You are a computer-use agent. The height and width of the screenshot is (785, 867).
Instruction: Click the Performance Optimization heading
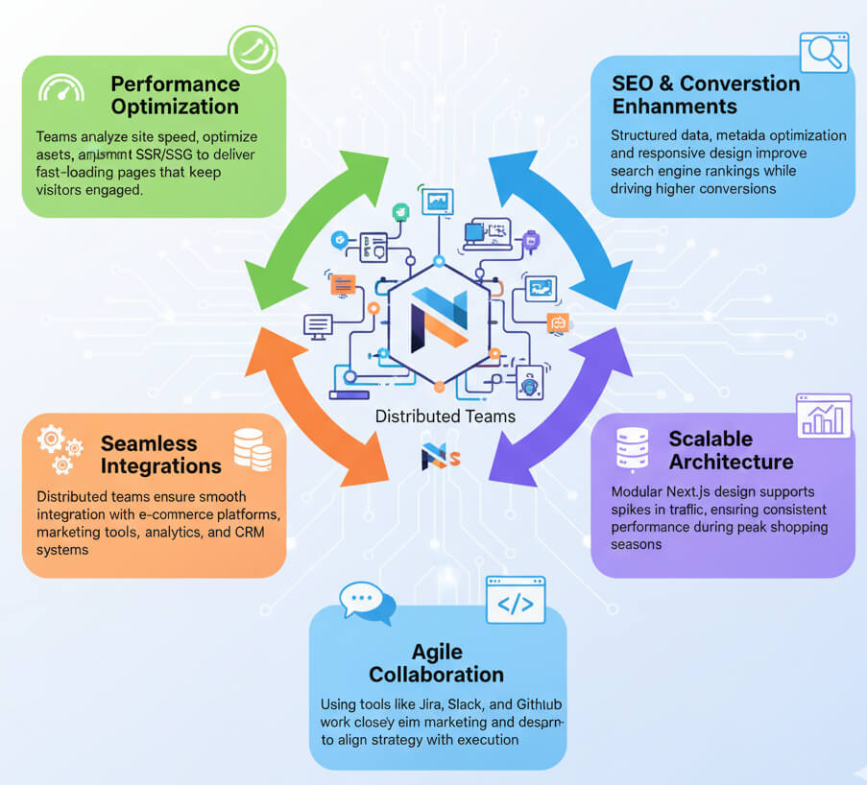point(174,95)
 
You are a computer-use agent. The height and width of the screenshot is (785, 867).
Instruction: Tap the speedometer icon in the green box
point(60,89)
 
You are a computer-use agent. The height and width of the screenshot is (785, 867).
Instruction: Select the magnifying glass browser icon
point(827,54)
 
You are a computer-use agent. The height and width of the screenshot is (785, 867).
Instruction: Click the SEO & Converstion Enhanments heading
point(706,94)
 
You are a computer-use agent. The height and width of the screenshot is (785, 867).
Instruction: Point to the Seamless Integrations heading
point(160,455)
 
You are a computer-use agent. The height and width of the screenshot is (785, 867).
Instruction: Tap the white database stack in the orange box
point(253,450)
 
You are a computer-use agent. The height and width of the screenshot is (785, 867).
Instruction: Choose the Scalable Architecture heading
point(731,450)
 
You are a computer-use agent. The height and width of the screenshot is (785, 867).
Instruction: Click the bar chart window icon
point(824,416)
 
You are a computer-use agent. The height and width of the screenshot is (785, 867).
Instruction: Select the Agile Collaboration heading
point(437,662)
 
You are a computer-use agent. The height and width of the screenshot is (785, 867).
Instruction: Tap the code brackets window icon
point(516,601)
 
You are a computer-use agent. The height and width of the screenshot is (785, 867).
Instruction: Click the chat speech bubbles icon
point(368,603)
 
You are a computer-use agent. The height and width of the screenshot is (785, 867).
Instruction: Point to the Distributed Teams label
point(446,416)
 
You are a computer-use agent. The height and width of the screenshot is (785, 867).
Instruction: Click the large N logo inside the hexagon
point(438,321)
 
